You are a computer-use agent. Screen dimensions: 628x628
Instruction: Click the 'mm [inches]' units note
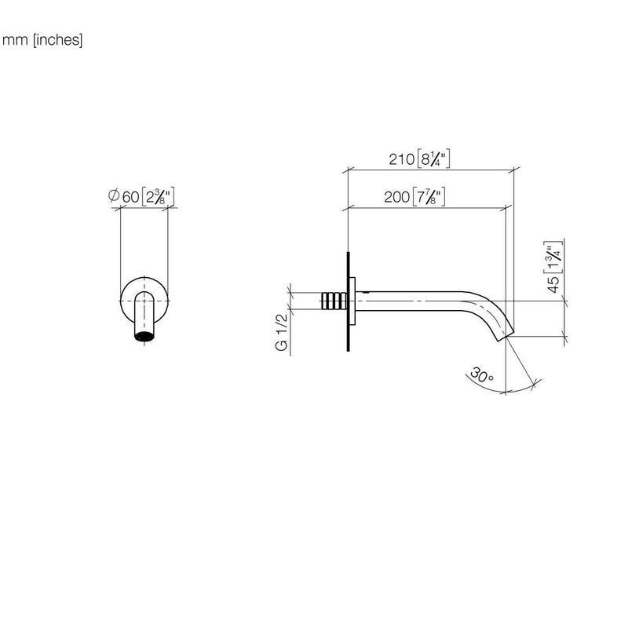pos(42,40)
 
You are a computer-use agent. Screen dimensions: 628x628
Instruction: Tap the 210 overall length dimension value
pos(402,159)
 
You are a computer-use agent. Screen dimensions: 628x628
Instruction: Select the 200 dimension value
pos(397,197)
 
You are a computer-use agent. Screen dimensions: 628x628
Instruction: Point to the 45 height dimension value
pos(553,284)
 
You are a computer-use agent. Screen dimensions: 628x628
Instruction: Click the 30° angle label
pos(482,375)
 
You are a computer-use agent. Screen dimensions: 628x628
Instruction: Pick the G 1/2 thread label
pos(282,332)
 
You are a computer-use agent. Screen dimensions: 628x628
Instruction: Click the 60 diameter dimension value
pos(130,197)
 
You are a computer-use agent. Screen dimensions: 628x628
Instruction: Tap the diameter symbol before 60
pos(114,195)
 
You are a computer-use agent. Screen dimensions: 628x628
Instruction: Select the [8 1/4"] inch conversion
pos(434,159)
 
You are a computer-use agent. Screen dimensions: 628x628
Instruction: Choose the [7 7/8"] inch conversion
pos(429,196)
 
